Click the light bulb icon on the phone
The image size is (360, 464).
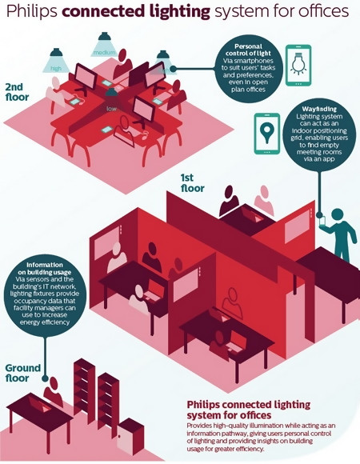[298, 63]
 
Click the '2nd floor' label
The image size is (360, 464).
[17, 92]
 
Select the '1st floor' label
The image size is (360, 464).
[192, 183]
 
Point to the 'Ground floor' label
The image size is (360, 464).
[23, 373]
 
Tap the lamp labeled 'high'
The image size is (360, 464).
[56, 60]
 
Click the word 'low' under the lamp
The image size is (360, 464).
[111, 109]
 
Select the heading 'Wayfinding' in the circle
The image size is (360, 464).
[319, 109]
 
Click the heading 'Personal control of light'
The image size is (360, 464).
[248, 50]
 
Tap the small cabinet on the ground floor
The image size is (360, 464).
[130, 436]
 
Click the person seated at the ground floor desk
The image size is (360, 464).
[54, 391]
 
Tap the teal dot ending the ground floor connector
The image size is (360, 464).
[45, 378]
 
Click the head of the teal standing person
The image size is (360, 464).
[338, 214]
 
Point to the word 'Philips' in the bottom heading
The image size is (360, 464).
[202, 405]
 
